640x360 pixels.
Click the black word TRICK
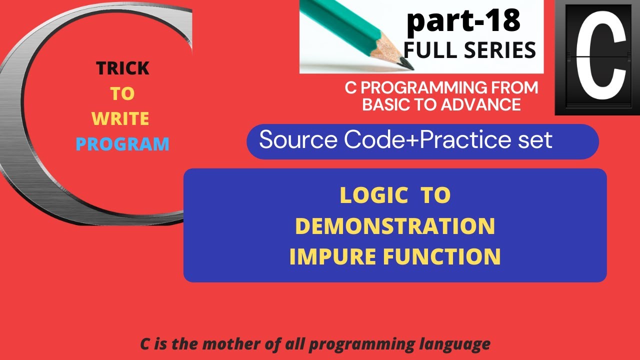[x=122, y=68]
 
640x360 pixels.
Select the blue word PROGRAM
[x=122, y=144]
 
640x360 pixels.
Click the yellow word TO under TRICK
[x=122, y=94]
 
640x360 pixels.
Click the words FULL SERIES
[x=469, y=50]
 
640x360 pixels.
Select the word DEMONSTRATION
[x=395, y=226]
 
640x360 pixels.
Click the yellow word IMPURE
[x=333, y=257]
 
